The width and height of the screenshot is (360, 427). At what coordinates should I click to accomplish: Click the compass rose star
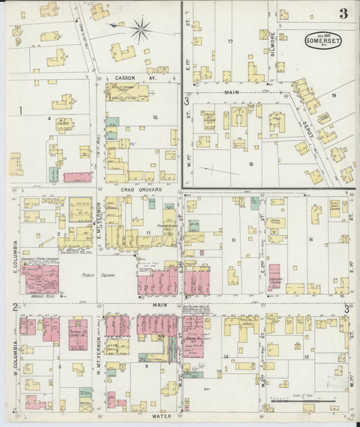coord(140,28)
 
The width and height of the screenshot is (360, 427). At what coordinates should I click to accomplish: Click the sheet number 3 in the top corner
coord(344,14)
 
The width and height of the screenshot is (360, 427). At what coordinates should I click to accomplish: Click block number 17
coord(230,42)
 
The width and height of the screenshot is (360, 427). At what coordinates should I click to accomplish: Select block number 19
coord(333,95)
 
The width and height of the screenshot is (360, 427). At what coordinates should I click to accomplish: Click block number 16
coord(311,240)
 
